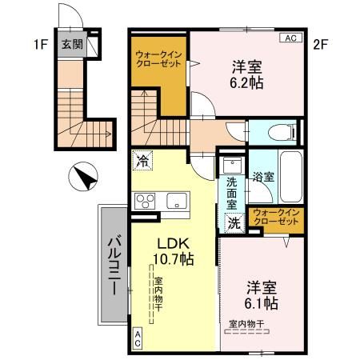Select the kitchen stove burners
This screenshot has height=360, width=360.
point(145,200)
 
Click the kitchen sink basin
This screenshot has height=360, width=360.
point(175,200)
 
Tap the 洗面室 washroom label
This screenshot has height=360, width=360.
point(231,193)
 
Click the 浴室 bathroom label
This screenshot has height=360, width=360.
point(262,177)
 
